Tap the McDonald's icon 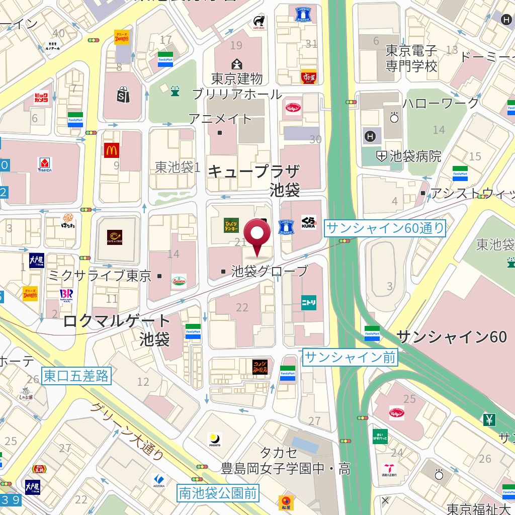click(x=112, y=150)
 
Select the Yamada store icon click(x=45, y=164)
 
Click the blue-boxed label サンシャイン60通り click(x=385, y=228)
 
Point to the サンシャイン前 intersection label click(x=350, y=358)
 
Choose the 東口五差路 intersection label click(x=76, y=376)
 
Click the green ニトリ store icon click(x=309, y=302)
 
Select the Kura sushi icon click(x=308, y=222)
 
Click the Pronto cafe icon click(x=215, y=440)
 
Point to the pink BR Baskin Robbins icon click(x=66, y=294)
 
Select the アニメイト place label click(x=220, y=119)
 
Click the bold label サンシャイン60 click(x=451, y=336)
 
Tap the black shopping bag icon click(x=123, y=94)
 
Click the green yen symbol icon click(x=489, y=419)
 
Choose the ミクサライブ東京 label click(x=100, y=276)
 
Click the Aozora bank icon click(x=159, y=481)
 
